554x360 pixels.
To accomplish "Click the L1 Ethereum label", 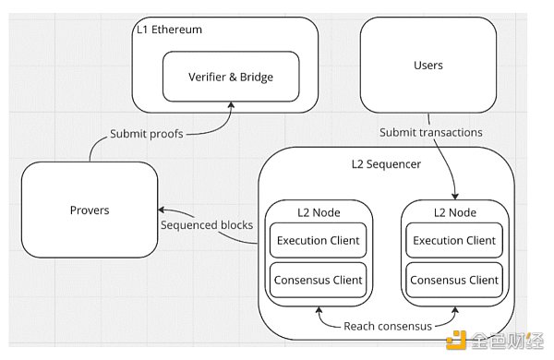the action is [169, 30].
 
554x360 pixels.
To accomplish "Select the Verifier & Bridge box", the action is [231, 77].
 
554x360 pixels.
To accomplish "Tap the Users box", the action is [428, 65].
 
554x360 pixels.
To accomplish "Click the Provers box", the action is [90, 210].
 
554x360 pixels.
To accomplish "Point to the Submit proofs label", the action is [147, 134].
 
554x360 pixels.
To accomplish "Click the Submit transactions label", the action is [430, 133].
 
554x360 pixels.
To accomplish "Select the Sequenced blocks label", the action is [207, 225].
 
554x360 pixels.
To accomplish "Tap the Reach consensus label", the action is [388, 326].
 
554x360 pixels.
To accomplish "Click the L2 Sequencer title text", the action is [386, 164].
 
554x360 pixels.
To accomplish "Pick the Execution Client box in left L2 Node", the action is [318, 240].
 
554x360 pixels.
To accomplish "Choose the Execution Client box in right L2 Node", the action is [454, 240].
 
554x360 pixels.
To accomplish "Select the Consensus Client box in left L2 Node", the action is [318, 281].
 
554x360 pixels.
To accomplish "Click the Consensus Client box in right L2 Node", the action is [454, 281].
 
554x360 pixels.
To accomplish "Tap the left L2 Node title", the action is [319, 212].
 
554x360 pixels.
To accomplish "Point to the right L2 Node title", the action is [455, 212].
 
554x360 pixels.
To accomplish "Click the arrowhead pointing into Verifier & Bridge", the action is [231, 105].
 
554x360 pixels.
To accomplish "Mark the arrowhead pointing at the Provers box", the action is [162, 210].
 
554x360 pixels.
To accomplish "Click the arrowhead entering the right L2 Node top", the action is [455, 197].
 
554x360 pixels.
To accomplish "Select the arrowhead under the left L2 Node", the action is [319, 310].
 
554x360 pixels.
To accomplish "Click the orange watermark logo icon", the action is [456, 341].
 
